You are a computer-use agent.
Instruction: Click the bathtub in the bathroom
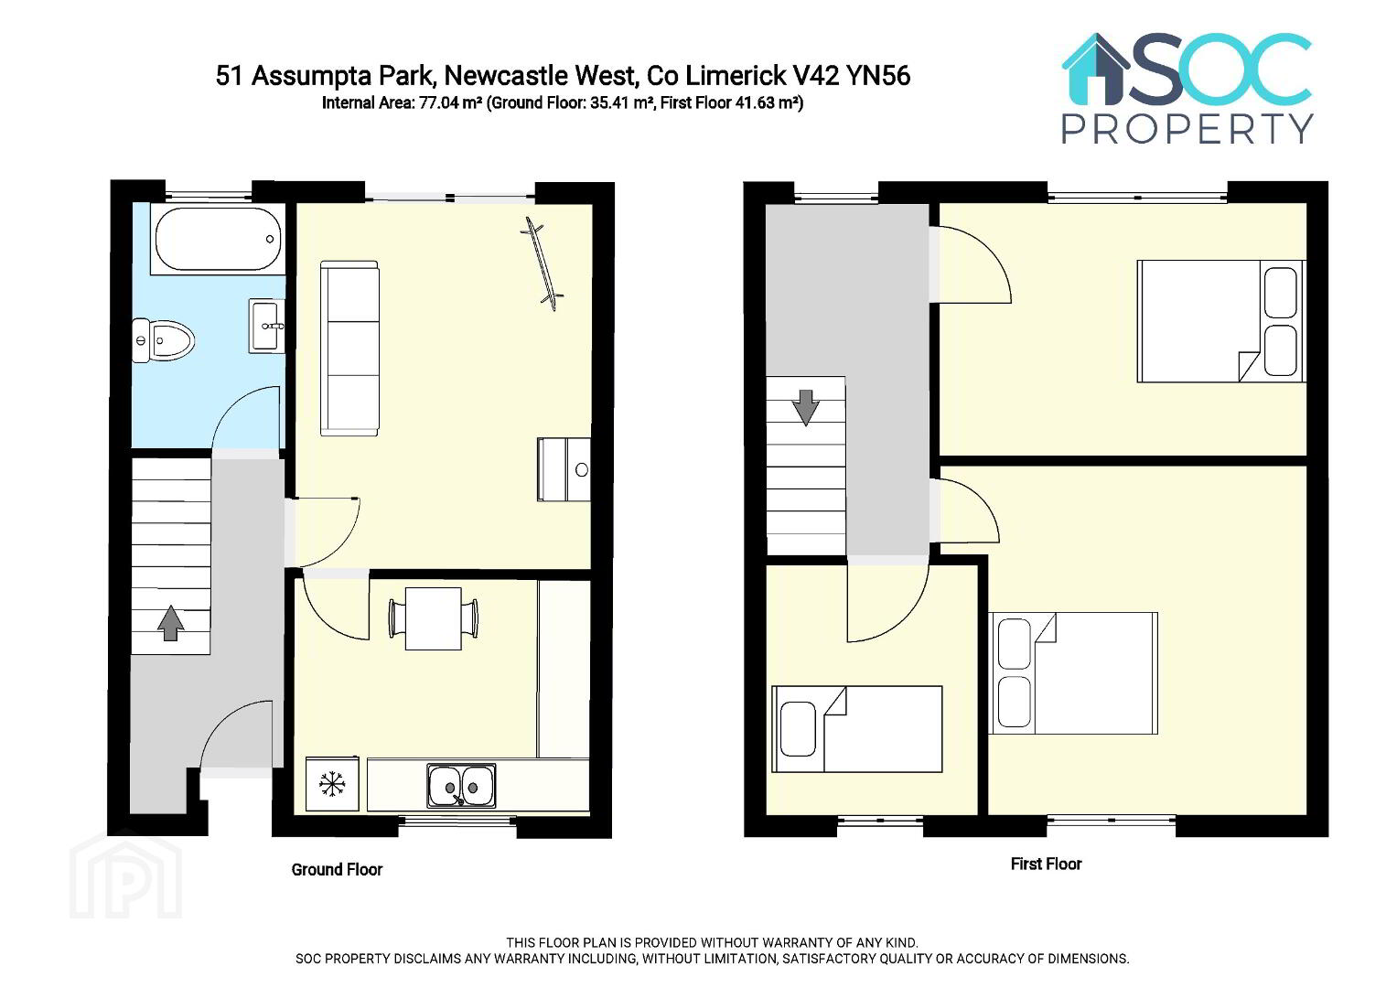point(218,239)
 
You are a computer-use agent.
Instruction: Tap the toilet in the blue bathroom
point(163,340)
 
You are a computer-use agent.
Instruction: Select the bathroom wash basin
point(267,327)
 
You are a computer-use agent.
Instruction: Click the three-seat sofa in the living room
point(349,349)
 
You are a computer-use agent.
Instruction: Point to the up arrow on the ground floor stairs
point(170,623)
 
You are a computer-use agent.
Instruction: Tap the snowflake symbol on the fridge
point(332,783)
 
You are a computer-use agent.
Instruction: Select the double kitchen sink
point(461,785)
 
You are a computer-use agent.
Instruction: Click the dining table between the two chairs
point(434,618)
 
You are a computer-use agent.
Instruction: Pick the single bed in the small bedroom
point(857,729)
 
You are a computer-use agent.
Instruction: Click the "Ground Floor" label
point(337,869)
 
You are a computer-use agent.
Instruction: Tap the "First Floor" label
point(1046,864)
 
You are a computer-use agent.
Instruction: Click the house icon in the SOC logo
point(1096,70)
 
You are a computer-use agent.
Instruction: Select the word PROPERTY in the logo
point(1187,129)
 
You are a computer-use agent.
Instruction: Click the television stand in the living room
point(564,469)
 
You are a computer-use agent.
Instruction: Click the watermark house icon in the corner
point(125,875)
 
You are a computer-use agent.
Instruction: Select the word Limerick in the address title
point(736,76)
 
